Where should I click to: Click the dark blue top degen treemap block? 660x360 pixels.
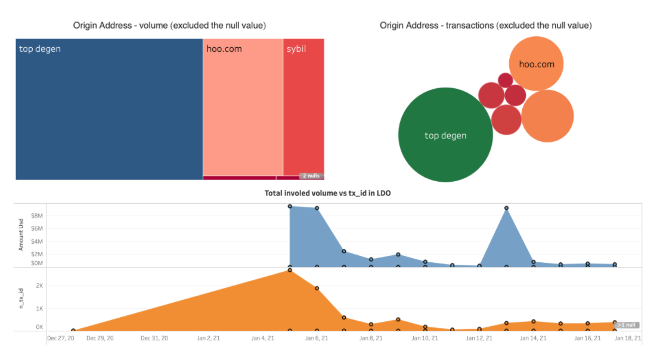109,109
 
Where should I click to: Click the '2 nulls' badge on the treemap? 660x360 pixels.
311,176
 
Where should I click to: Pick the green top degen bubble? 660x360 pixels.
445,135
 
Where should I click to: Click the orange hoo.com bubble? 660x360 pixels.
537,64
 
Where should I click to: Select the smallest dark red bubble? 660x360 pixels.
506,80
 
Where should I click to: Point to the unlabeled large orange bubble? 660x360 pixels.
547,116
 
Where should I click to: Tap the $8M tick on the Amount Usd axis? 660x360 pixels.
37,216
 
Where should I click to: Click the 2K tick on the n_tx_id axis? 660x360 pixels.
39,286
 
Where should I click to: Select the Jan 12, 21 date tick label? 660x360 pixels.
479,338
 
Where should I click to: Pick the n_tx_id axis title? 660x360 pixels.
21,299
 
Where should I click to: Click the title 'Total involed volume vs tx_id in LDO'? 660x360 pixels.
327,194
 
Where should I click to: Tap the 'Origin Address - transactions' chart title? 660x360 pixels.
485,26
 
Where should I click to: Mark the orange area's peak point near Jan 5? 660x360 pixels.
290,270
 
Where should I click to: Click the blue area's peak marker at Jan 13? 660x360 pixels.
506,208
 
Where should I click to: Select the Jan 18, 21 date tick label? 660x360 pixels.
628,338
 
